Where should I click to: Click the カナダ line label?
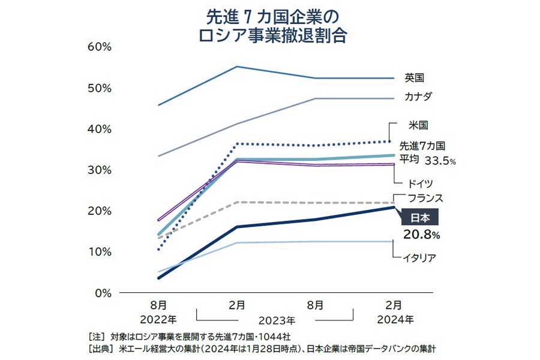pyautogui.click(x=418, y=96)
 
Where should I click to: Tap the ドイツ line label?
pyautogui.click(x=419, y=183)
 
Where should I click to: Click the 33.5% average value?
pyautogui.click(x=440, y=161)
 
